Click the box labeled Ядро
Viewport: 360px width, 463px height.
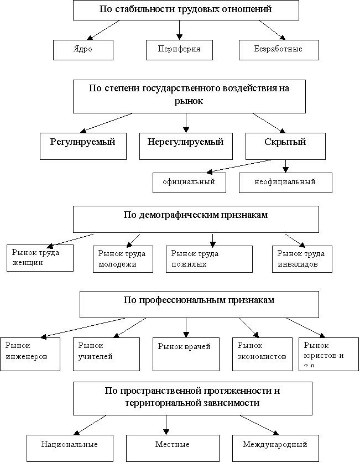click(83, 49)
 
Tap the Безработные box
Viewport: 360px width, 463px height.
click(278, 49)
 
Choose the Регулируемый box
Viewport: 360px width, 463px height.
click(83, 145)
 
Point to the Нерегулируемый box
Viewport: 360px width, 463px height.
click(186, 145)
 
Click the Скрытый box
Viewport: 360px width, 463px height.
click(285, 145)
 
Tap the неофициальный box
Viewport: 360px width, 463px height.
click(285, 183)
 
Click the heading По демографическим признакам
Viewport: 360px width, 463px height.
click(196, 219)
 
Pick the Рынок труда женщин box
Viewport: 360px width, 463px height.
click(40, 258)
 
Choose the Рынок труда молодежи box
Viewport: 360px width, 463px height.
click(122, 259)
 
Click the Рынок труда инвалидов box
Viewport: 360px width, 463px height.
click(302, 259)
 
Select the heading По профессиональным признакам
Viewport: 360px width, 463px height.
click(199, 304)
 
